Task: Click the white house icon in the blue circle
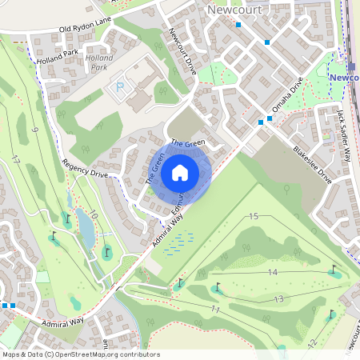pyautogui.click(x=180, y=172)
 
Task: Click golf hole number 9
pyautogui.click(x=35, y=130)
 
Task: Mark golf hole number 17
pyautogui.click(x=16, y=159)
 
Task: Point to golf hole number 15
pyautogui.click(x=254, y=217)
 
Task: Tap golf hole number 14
pyautogui.click(x=272, y=273)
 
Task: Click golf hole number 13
pyautogui.click(x=278, y=299)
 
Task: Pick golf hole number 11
pyautogui.click(x=214, y=308)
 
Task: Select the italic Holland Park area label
pyautogui.click(x=99, y=63)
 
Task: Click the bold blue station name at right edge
pyautogui.click(x=345, y=78)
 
